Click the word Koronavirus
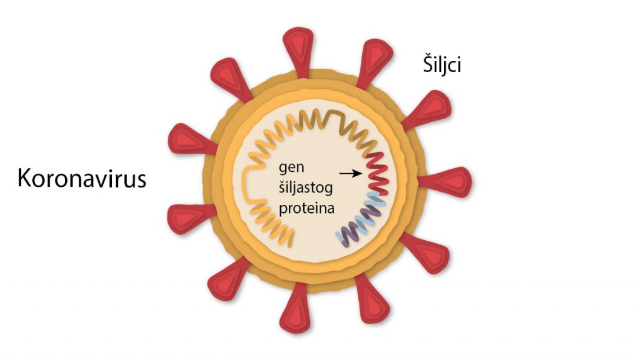click(x=81, y=178)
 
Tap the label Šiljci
click(x=438, y=65)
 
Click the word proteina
click(x=306, y=209)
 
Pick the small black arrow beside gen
click(x=352, y=174)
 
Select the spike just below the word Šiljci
click(x=427, y=109)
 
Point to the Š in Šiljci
click(x=422, y=63)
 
